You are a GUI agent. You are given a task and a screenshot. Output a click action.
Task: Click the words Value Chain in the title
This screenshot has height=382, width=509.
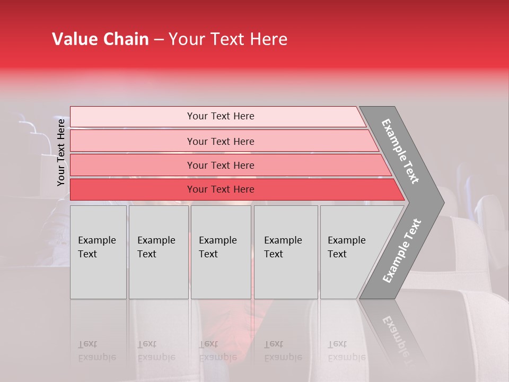[100, 39]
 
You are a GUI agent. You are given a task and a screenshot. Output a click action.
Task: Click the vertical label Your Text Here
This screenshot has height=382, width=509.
[61, 152]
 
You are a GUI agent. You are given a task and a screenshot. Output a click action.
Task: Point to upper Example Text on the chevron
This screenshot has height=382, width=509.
[400, 151]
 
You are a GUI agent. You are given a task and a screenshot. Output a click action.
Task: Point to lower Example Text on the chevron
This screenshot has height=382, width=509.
[402, 251]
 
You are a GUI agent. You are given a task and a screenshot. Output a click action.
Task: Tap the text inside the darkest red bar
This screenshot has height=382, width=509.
[221, 189]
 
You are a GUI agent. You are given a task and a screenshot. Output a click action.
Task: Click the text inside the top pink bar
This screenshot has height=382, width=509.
[221, 116]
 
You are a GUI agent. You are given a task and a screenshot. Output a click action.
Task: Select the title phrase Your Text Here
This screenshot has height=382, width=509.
[228, 39]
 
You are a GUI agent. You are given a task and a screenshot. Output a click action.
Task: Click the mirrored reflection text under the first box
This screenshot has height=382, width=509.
[96, 351]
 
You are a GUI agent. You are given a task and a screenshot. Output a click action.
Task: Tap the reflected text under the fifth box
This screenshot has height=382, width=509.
[346, 351]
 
